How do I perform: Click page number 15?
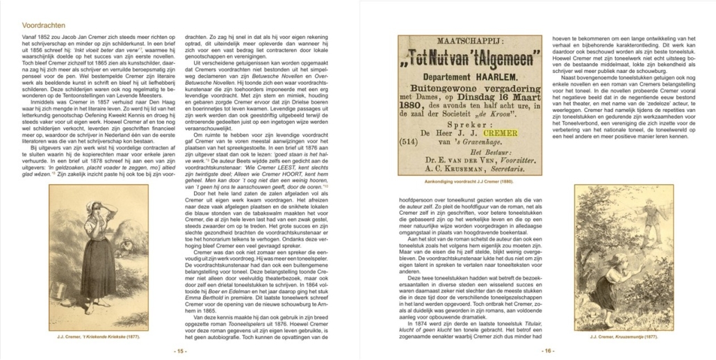point(179,351)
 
